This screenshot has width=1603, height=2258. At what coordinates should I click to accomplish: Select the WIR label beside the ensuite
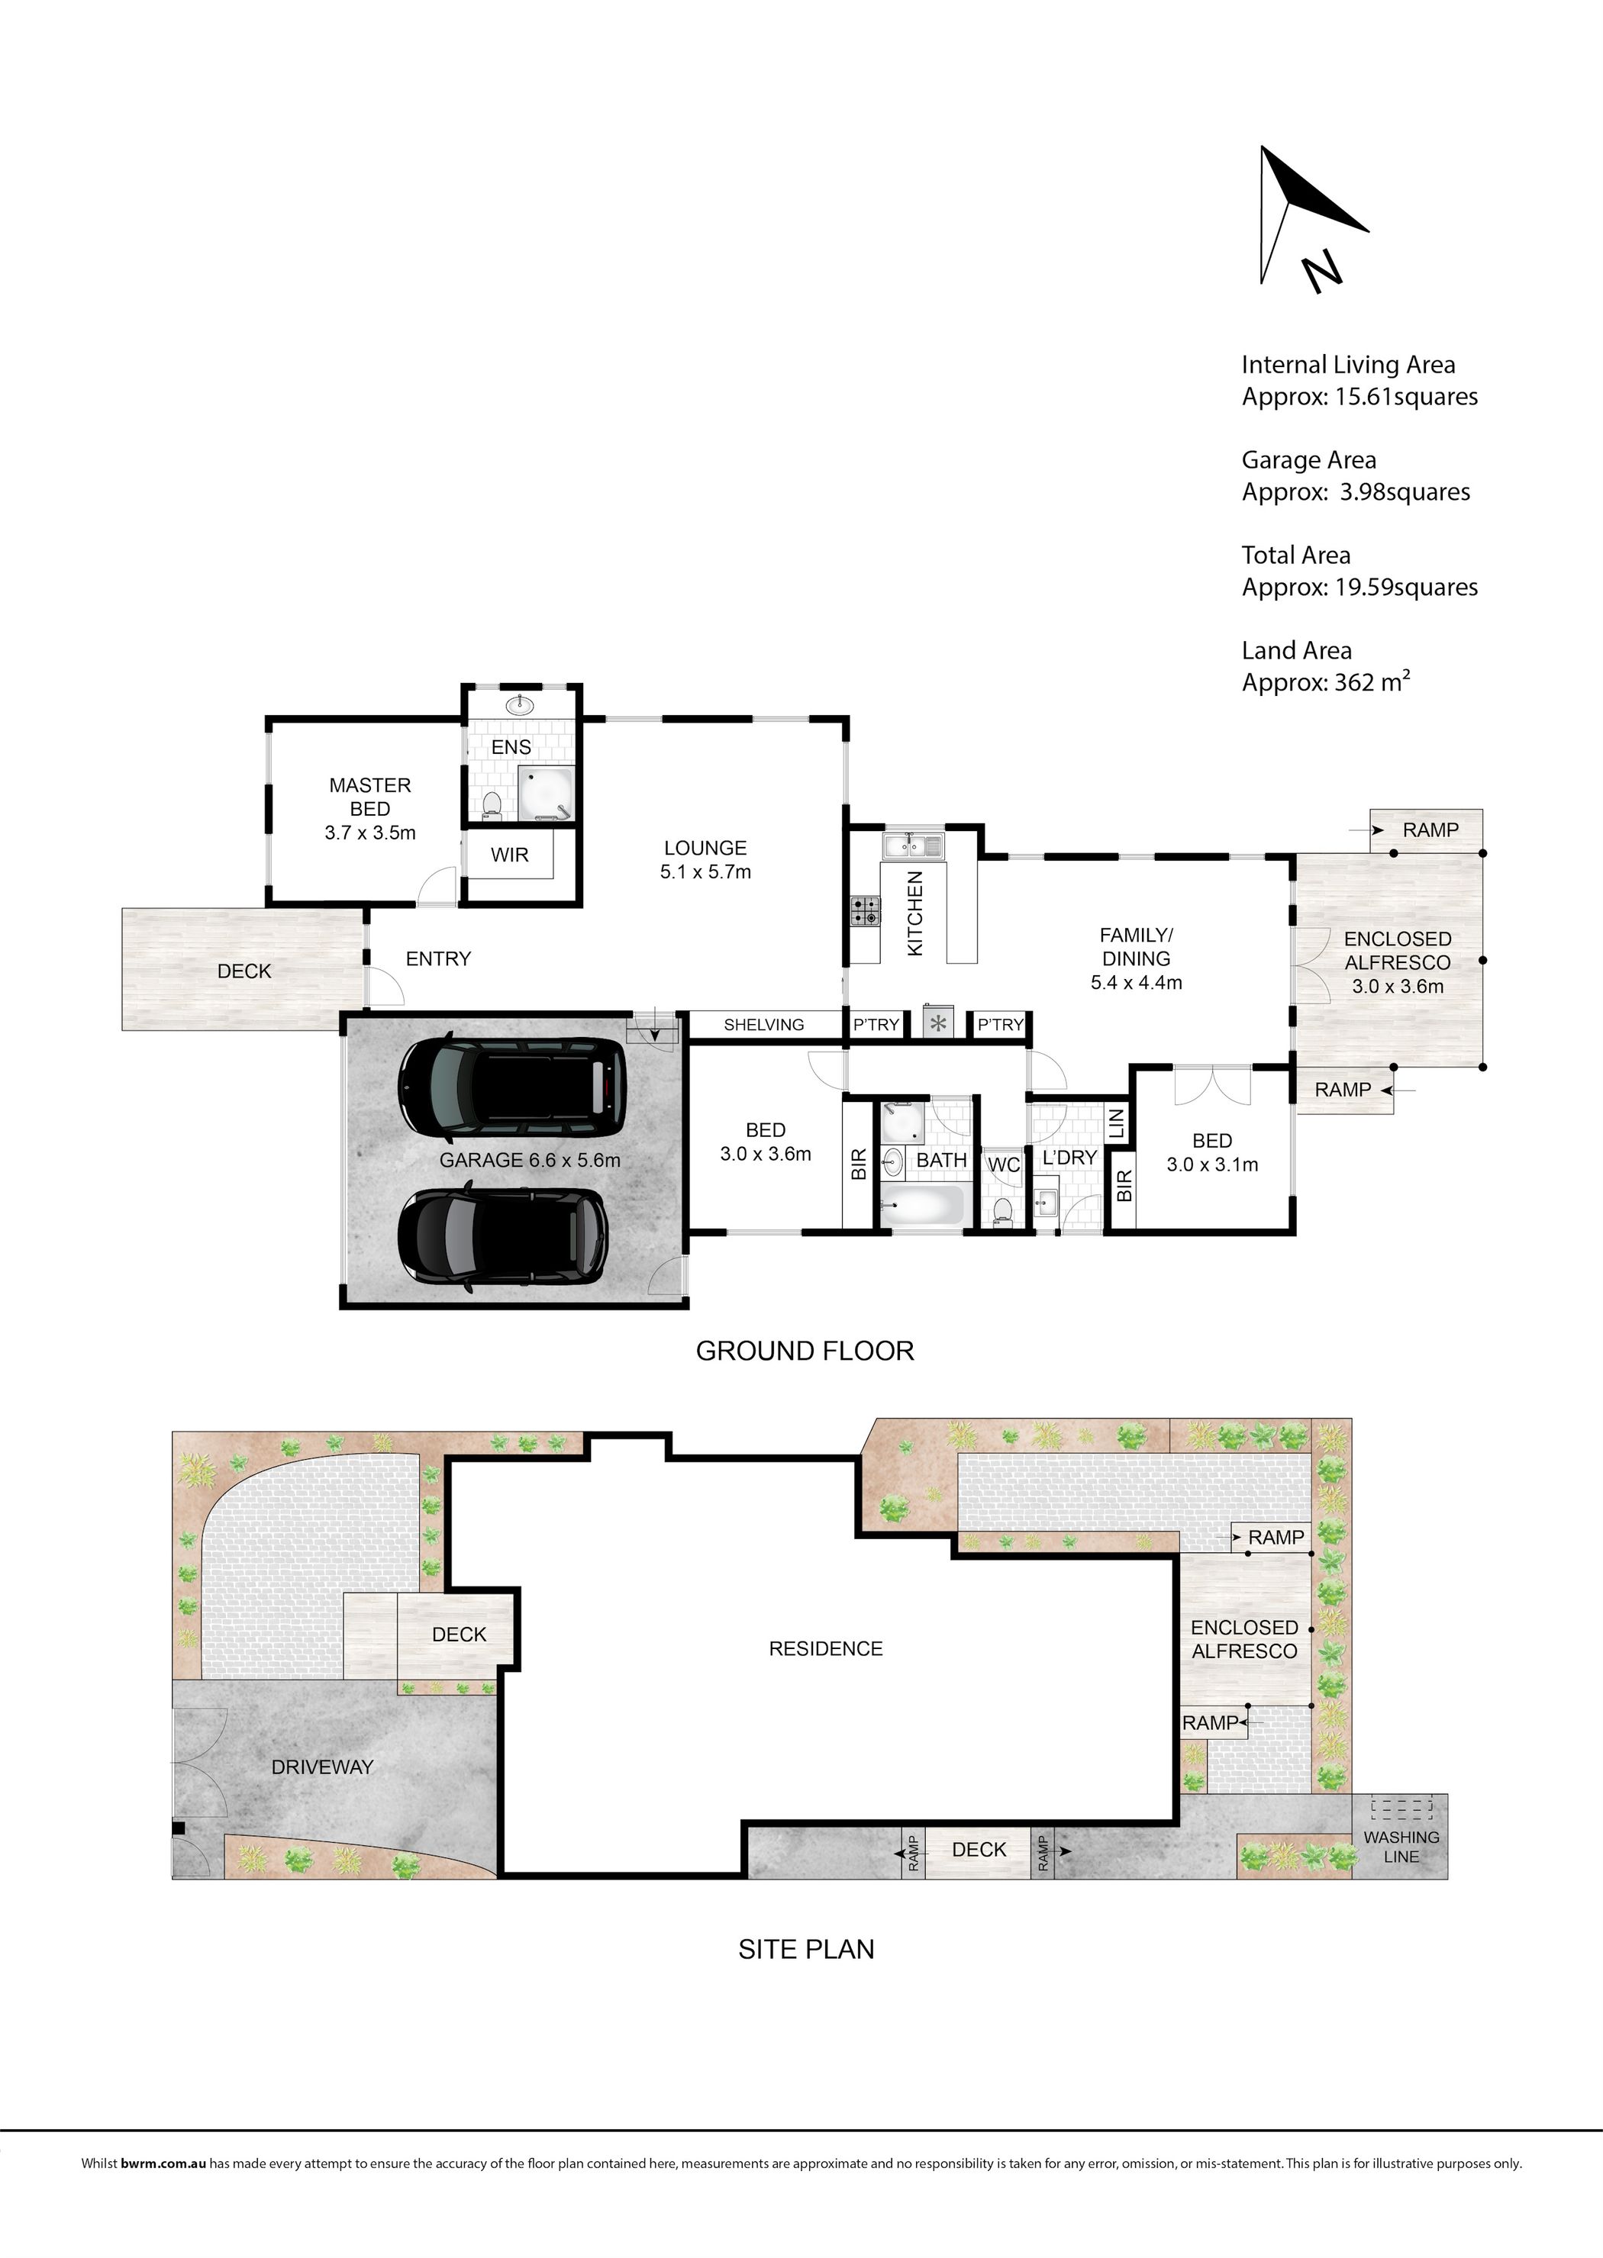[509, 855]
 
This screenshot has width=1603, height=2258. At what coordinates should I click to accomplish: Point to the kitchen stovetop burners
[865, 910]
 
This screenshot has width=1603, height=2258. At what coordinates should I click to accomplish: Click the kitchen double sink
[914, 845]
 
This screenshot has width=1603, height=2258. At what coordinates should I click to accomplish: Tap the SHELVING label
[763, 1024]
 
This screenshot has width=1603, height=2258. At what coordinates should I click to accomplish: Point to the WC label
[1004, 1164]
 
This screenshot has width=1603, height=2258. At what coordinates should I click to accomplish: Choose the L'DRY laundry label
[1069, 1157]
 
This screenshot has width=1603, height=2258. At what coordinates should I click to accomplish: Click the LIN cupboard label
[1116, 1123]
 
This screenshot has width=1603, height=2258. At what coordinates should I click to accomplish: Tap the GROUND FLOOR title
[805, 1351]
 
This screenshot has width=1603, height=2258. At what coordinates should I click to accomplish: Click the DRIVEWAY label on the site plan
[323, 1767]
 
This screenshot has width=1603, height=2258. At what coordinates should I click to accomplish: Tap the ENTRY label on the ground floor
[438, 958]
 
